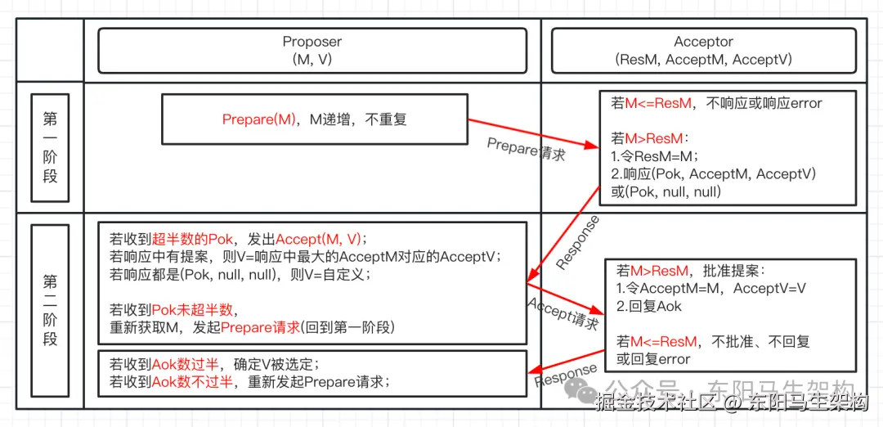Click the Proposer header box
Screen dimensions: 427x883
(312, 51)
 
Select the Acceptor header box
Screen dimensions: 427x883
(703, 51)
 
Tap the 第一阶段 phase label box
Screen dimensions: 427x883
(50, 147)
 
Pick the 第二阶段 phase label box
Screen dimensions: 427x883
(50, 309)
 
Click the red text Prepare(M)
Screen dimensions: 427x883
(259, 119)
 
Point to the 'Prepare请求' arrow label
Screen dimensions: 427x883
(526, 148)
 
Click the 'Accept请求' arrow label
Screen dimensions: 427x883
(563, 312)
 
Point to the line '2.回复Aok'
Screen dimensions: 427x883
(649, 306)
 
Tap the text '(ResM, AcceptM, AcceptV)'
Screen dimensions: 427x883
(703, 60)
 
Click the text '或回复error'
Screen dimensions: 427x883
(653, 359)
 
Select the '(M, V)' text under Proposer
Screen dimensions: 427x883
(312, 60)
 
